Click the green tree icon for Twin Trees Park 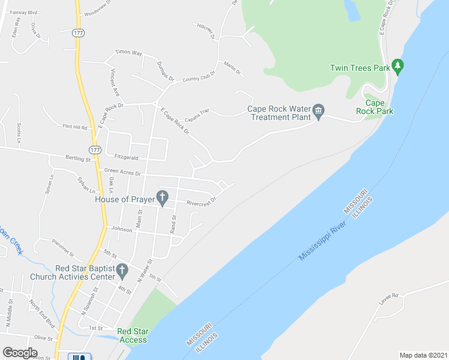pos(396,65)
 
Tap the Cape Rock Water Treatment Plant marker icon pos(319,110)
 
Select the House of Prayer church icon pos(161,196)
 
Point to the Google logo pos(20,353)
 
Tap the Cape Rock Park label pos(375,107)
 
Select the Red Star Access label pos(132,335)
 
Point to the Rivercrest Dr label pos(200,202)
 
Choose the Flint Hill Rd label pos(75,127)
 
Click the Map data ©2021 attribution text pos(423,355)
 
